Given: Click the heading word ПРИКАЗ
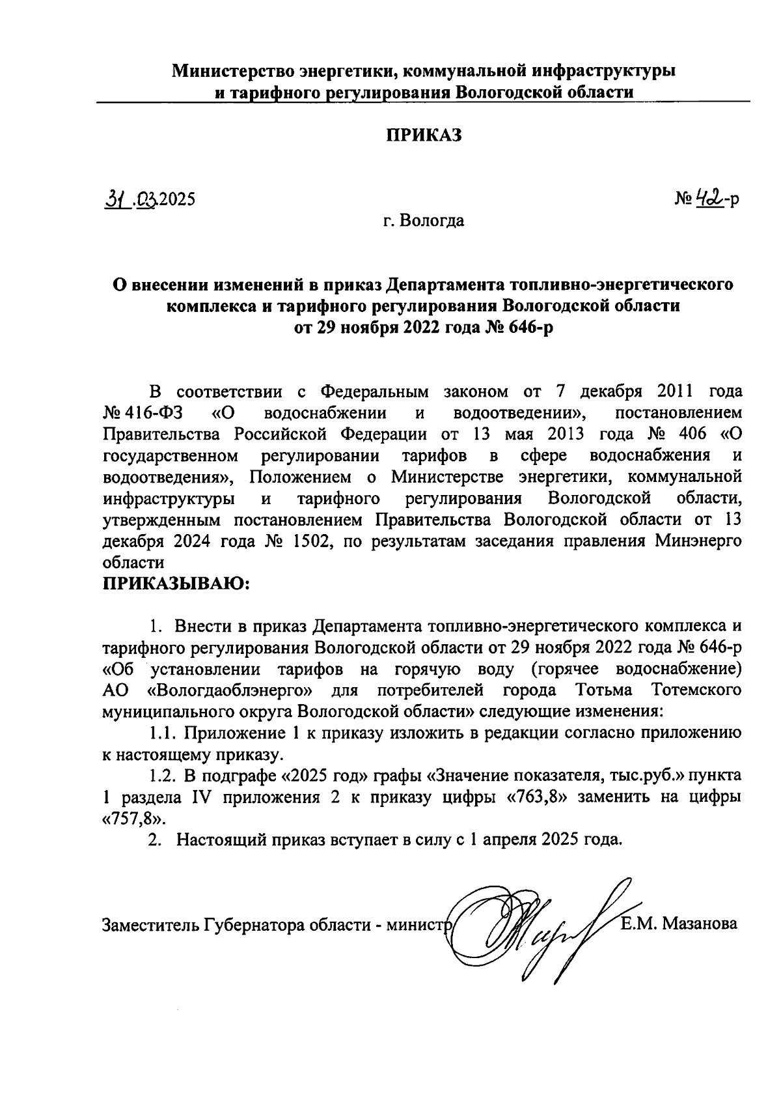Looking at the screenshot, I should click(x=424, y=135).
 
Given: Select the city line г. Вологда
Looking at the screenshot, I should click(x=423, y=221).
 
